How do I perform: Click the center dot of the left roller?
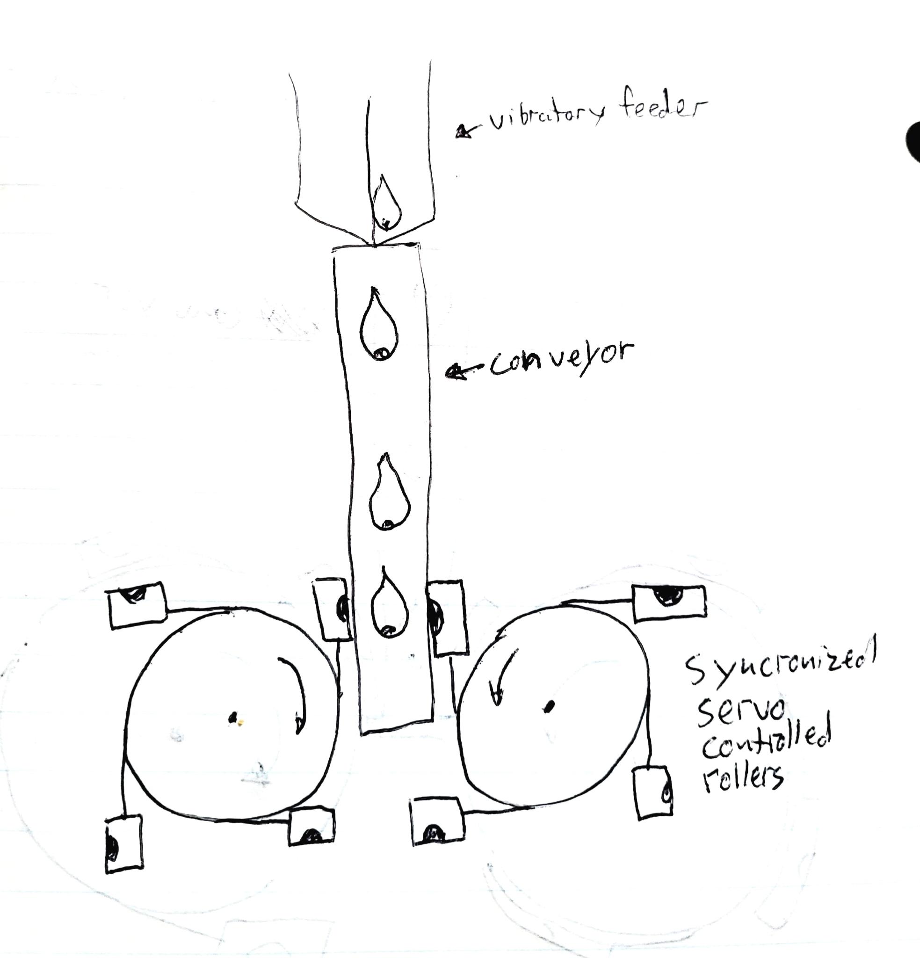tap(234, 718)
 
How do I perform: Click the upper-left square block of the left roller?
tap(136, 605)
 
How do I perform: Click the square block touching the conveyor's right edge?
tap(446, 617)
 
